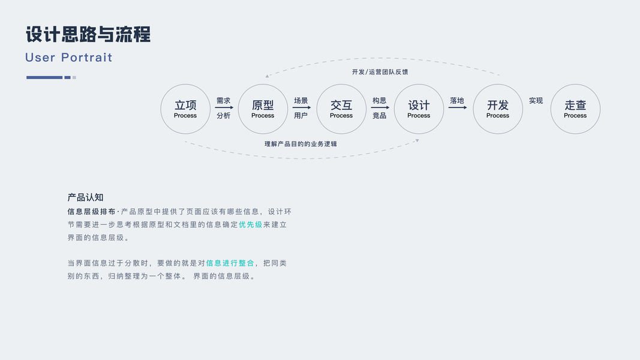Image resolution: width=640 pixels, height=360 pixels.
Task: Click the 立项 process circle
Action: pyautogui.click(x=185, y=109)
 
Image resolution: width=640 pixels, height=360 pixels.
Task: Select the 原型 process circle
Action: pyautogui.click(x=263, y=109)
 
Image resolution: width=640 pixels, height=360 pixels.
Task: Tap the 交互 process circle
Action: pyautogui.click(x=341, y=109)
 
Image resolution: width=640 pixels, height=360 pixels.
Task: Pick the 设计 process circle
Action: pyautogui.click(x=419, y=109)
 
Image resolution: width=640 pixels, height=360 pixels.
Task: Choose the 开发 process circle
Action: pyautogui.click(x=498, y=109)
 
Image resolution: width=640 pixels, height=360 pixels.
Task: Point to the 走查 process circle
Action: pyautogui.click(x=575, y=109)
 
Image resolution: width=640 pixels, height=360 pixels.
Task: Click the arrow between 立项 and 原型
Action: pyautogui.click(x=224, y=108)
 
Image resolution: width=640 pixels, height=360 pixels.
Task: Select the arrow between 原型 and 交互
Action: pyautogui.click(x=301, y=108)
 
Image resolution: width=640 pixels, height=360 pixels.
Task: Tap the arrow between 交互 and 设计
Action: pyautogui.click(x=380, y=108)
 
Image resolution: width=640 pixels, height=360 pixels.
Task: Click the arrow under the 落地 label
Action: pyautogui.click(x=457, y=108)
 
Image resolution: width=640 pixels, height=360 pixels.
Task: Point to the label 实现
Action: pyautogui.click(x=536, y=101)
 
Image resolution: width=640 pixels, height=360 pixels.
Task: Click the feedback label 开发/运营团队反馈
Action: pyautogui.click(x=380, y=72)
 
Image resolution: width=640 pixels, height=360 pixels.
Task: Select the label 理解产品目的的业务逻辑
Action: pyautogui.click(x=301, y=144)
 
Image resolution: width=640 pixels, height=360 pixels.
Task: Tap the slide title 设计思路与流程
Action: pyautogui.click(x=88, y=34)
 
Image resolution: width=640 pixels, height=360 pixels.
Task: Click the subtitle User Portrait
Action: pyautogui.click(x=69, y=58)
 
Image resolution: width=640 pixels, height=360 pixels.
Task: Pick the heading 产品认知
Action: pyautogui.click(x=86, y=197)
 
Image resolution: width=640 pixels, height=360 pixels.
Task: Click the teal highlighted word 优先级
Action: pyautogui.click(x=251, y=224)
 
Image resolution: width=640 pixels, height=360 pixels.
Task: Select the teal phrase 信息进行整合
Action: pyautogui.click(x=230, y=263)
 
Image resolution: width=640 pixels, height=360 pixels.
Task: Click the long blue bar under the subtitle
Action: pyautogui.click(x=44, y=77)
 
